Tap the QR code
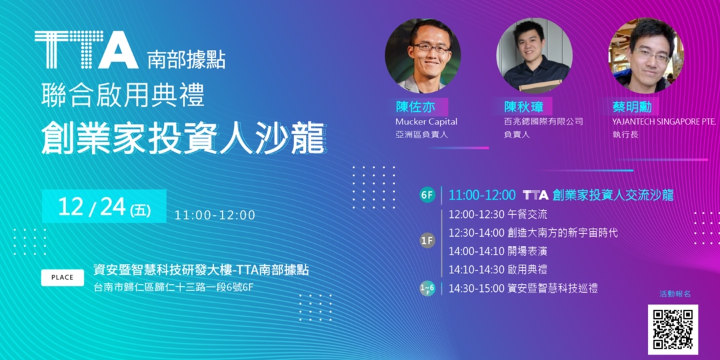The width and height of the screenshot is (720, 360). point(673,329)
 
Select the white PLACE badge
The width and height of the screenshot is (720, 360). point(63,277)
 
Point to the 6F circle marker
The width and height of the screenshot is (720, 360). point(427,195)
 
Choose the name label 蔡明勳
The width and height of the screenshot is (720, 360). point(633,107)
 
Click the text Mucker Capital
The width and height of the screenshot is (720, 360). point(426,122)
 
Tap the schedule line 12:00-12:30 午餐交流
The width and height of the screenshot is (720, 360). point(497,215)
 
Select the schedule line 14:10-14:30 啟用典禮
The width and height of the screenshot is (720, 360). point(497,270)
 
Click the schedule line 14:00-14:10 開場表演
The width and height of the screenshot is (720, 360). point(497,251)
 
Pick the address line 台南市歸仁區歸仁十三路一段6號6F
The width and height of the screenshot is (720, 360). point(173,287)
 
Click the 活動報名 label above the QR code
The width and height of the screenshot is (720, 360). point(675,294)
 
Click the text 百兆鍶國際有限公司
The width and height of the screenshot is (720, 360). point(543,122)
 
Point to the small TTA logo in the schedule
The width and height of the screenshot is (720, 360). point(535,195)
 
